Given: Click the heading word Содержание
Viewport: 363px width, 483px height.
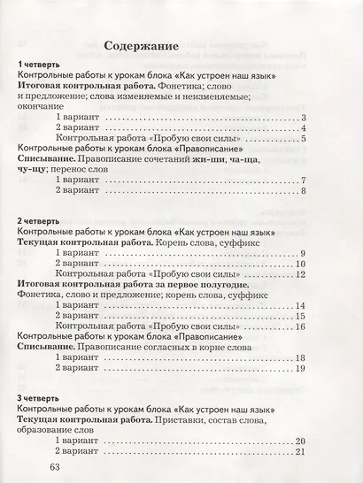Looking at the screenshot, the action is pos(142,45).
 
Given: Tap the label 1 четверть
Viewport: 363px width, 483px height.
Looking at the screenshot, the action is pos(38,65).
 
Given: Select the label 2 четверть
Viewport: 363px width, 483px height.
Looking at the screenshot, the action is pos(38,220).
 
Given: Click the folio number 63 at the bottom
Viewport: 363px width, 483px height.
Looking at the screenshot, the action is pos(58,467).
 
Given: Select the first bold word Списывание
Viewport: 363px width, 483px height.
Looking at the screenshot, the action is pos(43,159).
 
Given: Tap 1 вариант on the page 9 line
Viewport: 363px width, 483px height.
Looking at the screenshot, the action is pos(75,253).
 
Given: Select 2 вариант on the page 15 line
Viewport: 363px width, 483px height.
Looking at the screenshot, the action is pos(75,316).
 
